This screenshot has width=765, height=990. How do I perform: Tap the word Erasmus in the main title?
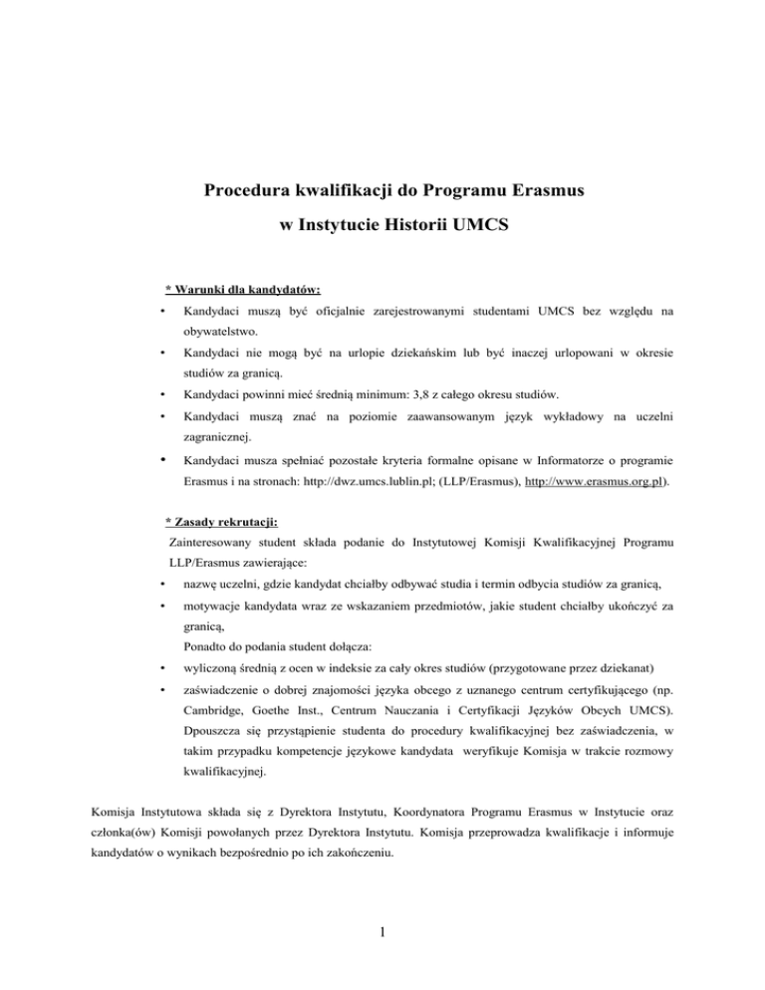point(520,190)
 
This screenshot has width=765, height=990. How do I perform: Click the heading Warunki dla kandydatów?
point(242,291)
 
